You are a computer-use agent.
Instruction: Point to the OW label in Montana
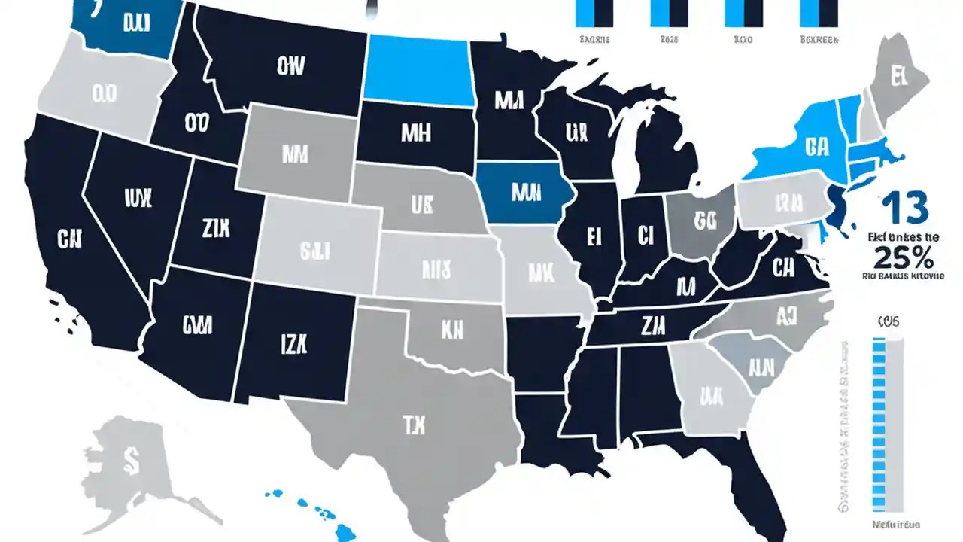pos(291,68)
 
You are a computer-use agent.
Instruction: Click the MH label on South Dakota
pos(415,133)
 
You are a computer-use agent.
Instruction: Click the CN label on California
pos(70,239)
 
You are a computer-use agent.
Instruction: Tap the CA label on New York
pos(816,145)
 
